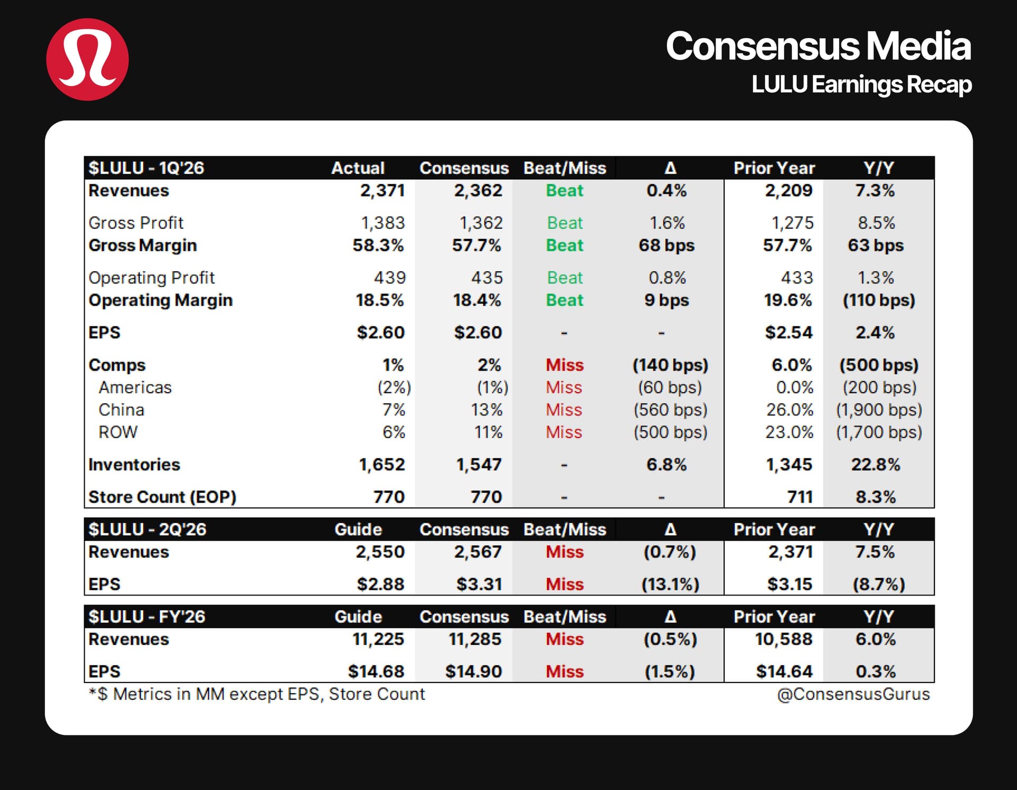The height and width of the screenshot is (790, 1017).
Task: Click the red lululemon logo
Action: tap(87, 59)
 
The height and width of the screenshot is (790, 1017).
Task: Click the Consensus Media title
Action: tap(818, 46)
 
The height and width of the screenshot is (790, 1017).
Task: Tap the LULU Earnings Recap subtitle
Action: tap(861, 85)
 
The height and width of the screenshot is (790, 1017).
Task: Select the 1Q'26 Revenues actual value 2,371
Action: tap(382, 191)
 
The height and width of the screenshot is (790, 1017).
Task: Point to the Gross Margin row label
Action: tap(142, 245)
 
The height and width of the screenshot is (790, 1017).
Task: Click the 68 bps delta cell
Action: tap(666, 245)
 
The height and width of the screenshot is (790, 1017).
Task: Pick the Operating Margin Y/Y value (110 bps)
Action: tap(879, 300)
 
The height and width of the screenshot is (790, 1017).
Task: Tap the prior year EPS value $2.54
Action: tap(788, 333)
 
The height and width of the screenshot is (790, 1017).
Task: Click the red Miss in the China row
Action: tap(564, 410)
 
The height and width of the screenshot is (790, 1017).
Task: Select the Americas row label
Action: tap(135, 388)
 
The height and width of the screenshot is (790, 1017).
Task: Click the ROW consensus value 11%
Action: tap(488, 432)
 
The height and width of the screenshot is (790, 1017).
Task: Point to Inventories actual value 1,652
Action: tap(382, 465)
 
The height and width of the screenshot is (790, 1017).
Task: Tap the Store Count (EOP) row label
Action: tap(162, 497)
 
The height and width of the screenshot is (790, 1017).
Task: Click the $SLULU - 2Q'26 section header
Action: tap(147, 529)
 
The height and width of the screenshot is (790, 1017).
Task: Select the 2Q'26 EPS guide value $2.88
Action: tap(380, 584)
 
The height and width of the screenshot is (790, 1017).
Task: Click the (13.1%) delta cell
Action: tap(670, 584)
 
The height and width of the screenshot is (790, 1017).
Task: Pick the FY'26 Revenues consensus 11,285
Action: tap(475, 640)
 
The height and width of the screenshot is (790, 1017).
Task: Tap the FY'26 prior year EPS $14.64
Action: tap(784, 672)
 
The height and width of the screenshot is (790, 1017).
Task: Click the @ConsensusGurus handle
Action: tap(853, 694)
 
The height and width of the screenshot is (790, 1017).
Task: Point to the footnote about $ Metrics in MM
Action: tap(257, 694)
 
